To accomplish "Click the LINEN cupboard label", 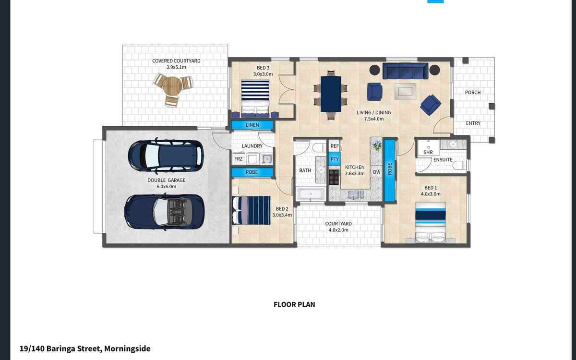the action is click(x=252, y=125).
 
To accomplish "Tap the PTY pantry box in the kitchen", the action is click(x=335, y=159).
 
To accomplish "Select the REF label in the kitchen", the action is click(x=335, y=146).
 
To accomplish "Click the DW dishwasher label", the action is click(x=376, y=172).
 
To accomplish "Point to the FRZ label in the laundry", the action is click(x=238, y=159).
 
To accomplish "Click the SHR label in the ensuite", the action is click(x=428, y=152).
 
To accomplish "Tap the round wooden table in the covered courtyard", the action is click(x=172, y=85).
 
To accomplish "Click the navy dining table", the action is click(x=331, y=94).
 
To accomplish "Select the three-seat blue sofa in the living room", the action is click(x=405, y=71).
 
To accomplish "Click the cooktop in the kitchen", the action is click(x=334, y=177).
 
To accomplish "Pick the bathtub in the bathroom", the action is click(x=311, y=194).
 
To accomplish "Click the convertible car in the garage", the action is click(x=164, y=212).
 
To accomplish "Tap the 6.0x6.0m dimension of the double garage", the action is click(x=167, y=186).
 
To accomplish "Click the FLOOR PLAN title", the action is click(x=294, y=304).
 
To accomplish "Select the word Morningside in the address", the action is click(x=127, y=348).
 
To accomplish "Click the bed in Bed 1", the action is click(x=431, y=222).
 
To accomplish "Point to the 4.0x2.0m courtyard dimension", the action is click(x=338, y=230).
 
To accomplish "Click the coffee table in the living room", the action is click(x=405, y=91).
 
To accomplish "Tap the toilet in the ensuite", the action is click(x=459, y=165).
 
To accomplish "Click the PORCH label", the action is click(x=473, y=92).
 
